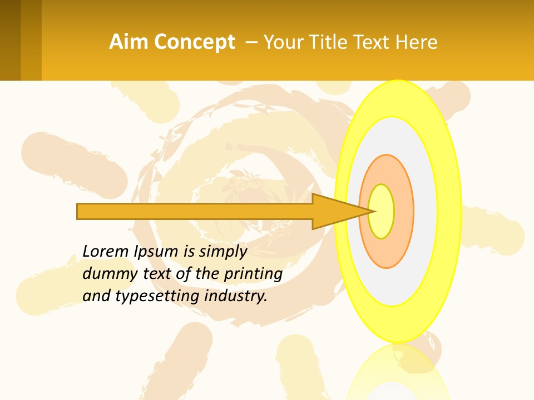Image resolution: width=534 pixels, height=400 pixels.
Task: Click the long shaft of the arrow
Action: (195, 212)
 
